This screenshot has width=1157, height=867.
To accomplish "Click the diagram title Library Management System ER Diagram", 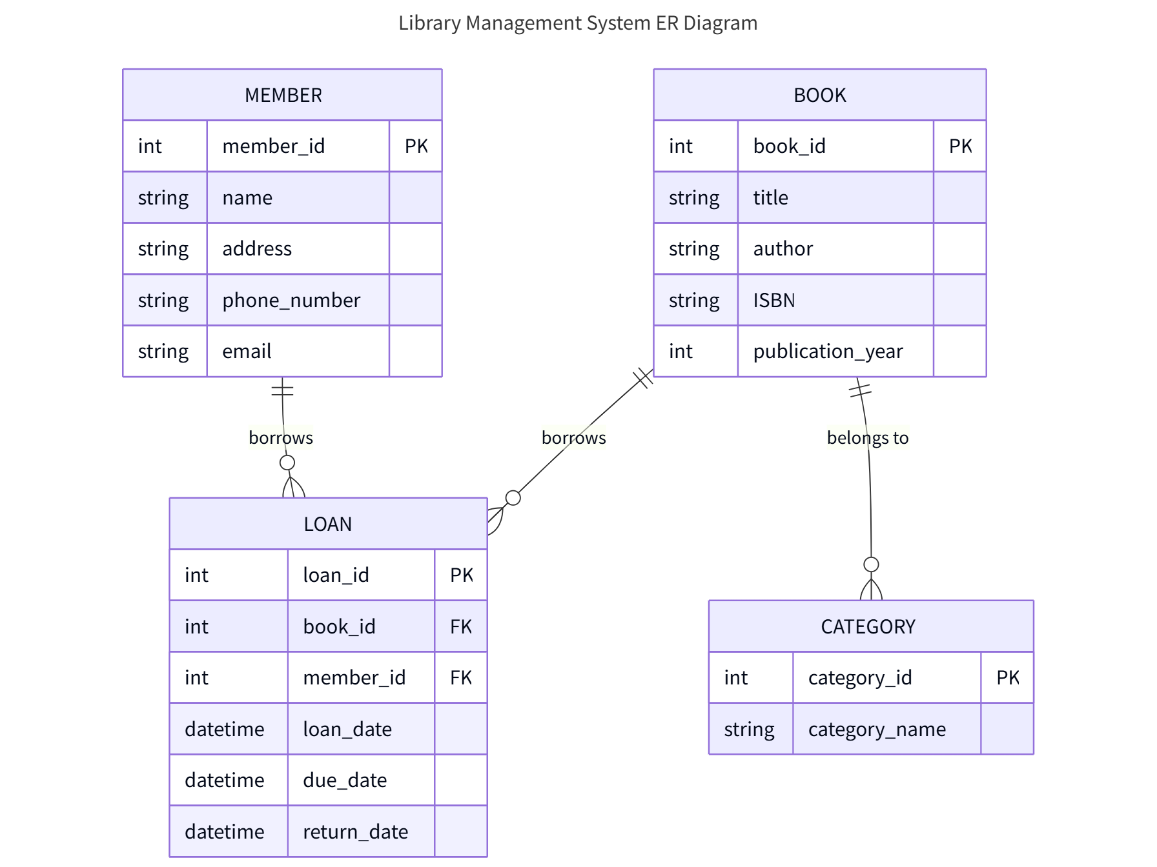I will point(578,23).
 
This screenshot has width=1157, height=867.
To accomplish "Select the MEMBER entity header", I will point(283,95).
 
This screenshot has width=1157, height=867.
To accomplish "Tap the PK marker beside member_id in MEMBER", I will point(416,146).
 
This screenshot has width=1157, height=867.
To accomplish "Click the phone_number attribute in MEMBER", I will point(291,301).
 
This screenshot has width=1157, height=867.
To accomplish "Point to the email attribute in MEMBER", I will point(247,352).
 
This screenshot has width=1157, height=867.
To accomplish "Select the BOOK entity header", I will point(819,95).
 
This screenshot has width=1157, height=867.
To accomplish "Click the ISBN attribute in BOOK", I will point(773,301).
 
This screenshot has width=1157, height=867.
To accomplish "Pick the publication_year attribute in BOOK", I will point(828,352).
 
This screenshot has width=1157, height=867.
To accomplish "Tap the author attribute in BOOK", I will point(783,249).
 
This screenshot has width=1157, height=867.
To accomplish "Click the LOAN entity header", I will point(328,524).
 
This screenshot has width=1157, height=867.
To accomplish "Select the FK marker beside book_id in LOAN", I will point(461,626).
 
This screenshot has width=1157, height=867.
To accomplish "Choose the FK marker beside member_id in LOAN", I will point(461,678).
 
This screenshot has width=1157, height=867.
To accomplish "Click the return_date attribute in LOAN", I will point(355,832).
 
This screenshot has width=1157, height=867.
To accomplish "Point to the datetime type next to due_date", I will point(225,781).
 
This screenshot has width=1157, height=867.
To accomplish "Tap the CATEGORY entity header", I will point(868,626).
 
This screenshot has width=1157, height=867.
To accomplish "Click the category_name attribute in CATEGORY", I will point(877,730).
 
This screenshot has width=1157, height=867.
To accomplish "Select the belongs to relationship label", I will point(868,438).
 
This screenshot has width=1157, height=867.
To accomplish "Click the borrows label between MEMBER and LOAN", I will point(281,438).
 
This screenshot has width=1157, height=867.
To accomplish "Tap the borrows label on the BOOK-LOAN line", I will point(573,438).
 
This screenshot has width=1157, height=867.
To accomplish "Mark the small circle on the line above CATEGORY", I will point(871,564).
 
